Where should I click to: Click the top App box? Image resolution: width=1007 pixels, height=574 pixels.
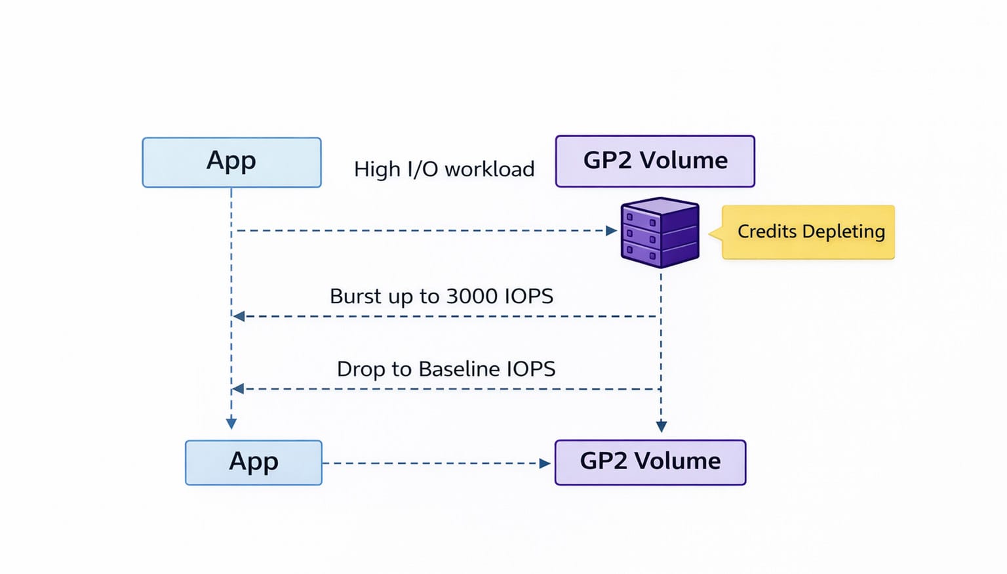(x=231, y=162)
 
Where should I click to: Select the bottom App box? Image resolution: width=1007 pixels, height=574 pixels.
(x=254, y=462)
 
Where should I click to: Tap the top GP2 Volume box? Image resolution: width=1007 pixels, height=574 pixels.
(x=655, y=161)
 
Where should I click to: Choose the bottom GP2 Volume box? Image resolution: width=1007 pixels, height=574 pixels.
(x=650, y=462)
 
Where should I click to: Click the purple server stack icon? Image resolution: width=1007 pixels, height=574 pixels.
(x=660, y=233)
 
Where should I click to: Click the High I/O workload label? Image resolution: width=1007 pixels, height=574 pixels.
(x=444, y=169)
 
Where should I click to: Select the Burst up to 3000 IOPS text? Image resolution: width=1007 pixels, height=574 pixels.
(x=441, y=297)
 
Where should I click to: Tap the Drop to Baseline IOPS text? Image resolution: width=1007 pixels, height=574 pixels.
(x=446, y=369)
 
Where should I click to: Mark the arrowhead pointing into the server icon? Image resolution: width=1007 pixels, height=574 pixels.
(x=611, y=231)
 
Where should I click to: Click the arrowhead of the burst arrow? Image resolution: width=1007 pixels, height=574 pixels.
(x=239, y=316)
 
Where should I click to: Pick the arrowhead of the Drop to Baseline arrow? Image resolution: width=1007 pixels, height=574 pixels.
(x=239, y=389)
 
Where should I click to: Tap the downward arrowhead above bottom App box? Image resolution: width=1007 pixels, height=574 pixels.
(x=231, y=423)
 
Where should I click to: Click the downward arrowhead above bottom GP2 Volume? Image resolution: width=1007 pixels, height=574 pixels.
(x=661, y=426)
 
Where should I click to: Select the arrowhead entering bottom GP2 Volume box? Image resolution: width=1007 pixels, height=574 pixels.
(x=544, y=463)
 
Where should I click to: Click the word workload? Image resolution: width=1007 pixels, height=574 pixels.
(x=489, y=169)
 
